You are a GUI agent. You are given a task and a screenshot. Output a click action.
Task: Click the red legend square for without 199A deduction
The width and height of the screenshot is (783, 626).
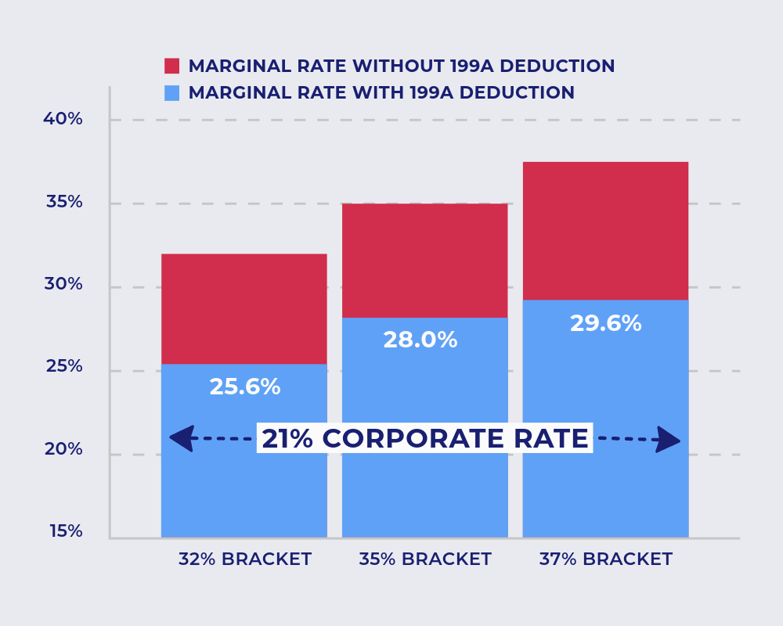(x=171, y=66)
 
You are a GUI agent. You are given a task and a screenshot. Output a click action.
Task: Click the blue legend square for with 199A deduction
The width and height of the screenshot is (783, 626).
(x=171, y=92)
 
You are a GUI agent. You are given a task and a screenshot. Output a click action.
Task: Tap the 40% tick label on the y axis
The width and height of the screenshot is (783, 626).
(x=63, y=119)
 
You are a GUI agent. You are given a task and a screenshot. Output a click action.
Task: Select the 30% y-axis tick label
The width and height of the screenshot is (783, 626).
(x=63, y=284)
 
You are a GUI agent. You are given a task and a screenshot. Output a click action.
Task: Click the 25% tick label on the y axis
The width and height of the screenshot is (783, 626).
(x=63, y=366)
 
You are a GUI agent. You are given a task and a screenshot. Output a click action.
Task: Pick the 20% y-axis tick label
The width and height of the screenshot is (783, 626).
(x=63, y=449)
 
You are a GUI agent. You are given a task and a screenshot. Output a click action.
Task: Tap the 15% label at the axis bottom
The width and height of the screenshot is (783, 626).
(x=66, y=531)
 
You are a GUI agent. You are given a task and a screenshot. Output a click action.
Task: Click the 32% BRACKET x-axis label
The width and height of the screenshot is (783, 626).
(x=244, y=559)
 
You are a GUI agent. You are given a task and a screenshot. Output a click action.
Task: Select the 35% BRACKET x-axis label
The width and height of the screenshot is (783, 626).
(x=425, y=559)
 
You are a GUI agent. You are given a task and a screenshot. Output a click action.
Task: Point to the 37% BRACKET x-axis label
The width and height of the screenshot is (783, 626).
(x=605, y=559)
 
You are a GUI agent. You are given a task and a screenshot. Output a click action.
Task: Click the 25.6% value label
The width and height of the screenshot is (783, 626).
(x=244, y=387)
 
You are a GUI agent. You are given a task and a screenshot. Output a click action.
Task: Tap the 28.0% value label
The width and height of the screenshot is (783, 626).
(x=420, y=340)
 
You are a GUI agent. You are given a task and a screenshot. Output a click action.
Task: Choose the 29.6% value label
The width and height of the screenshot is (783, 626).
(x=605, y=324)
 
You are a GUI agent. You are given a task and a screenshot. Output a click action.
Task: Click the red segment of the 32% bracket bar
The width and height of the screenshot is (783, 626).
(x=244, y=309)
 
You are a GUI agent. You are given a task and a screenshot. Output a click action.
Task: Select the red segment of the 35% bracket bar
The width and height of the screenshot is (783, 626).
(x=425, y=260)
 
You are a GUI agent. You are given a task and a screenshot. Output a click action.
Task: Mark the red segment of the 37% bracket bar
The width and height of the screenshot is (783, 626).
(x=605, y=231)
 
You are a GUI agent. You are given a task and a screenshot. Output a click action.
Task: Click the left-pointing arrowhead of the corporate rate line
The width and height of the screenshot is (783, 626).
(x=182, y=438)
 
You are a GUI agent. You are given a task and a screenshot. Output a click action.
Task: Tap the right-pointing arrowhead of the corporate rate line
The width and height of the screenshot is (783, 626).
(x=668, y=440)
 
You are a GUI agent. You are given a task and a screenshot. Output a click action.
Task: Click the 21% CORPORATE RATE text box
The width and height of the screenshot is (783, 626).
(x=424, y=439)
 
